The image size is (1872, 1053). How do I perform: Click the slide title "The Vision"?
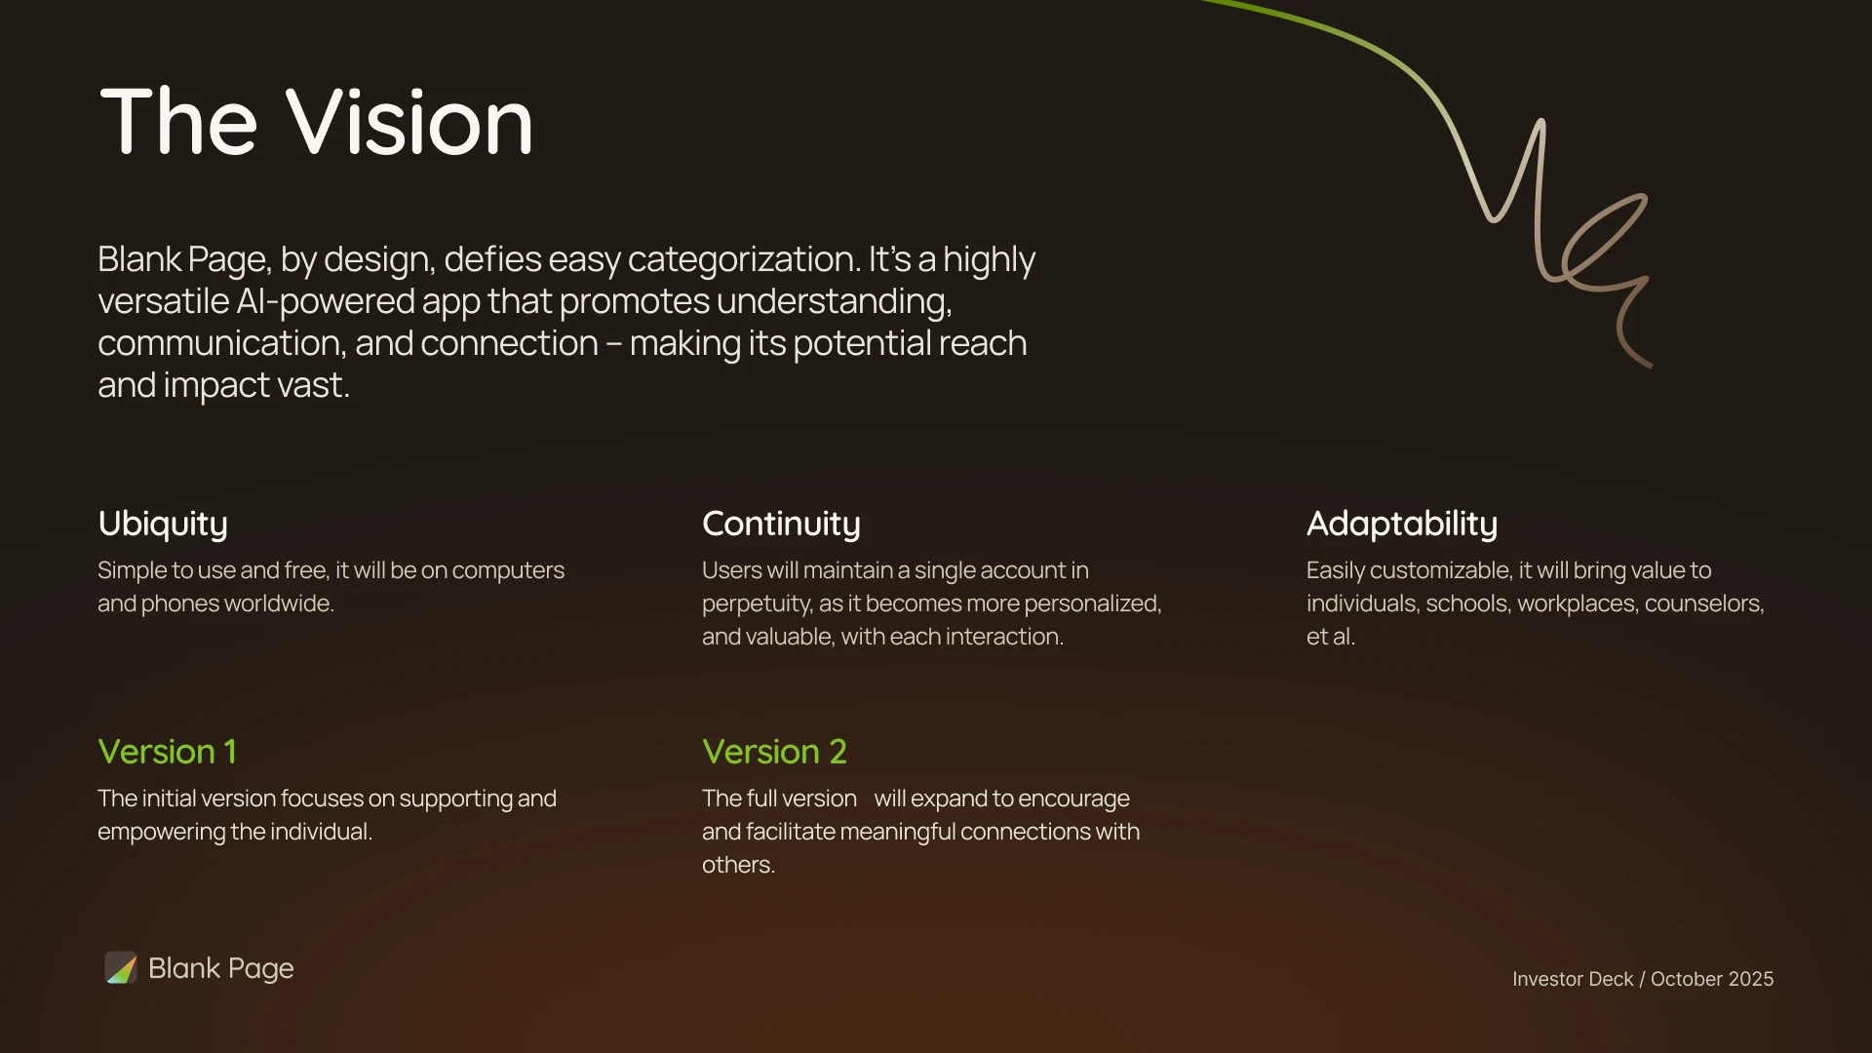point(317,122)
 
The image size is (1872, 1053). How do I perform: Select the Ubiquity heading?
point(163,525)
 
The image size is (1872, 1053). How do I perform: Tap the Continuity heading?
point(781,525)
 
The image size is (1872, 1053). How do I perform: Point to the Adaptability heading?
point(1402,525)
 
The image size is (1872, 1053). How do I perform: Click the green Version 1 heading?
point(167,752)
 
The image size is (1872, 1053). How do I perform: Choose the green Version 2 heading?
point(774,752)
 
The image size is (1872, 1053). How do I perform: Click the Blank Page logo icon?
point(121,968)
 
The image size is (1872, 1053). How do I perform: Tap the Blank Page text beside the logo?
point(221,968)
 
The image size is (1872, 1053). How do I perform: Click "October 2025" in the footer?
point(1712,979)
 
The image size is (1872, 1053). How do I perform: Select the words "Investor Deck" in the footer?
point(1573,979)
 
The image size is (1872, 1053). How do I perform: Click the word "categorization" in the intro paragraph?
point(743,260)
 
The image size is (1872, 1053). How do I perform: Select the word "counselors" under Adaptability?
point(1704,604)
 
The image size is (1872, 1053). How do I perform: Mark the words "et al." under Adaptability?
point(1331,637)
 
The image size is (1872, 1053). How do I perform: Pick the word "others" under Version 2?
point(738,865)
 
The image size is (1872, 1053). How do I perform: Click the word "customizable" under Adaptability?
point(1435,570)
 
